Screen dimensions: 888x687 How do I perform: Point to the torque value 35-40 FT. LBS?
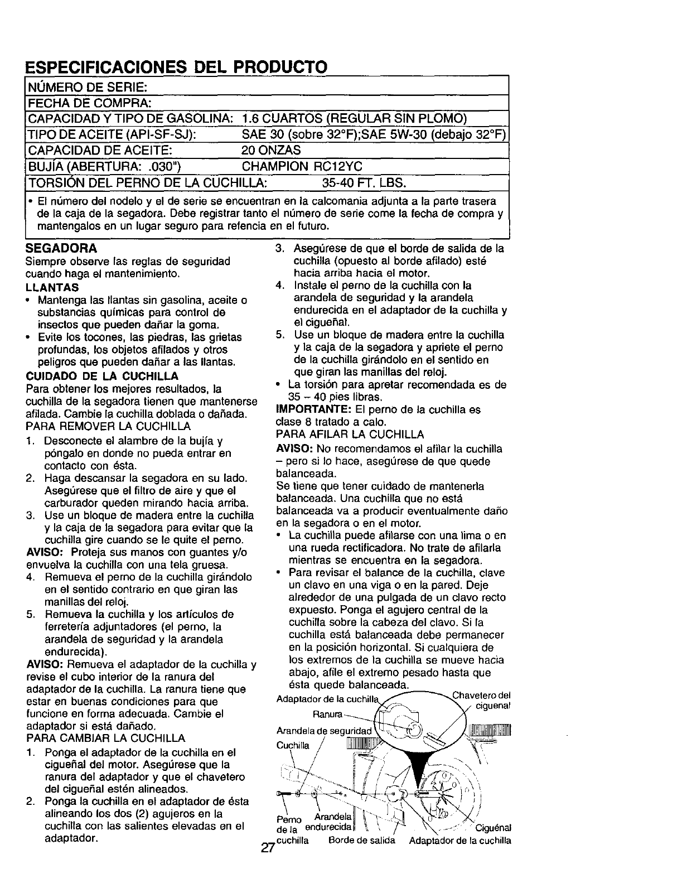pyautogui.click(x=364, y=183)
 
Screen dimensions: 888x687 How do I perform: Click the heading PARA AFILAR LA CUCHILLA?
pyautogui.click(x=350, y=434)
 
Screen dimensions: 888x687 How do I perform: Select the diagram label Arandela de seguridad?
pyautogui.click(x=323, y=731)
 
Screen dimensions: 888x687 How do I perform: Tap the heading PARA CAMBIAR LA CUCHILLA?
pyautogui.click(x=105, y=739)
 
